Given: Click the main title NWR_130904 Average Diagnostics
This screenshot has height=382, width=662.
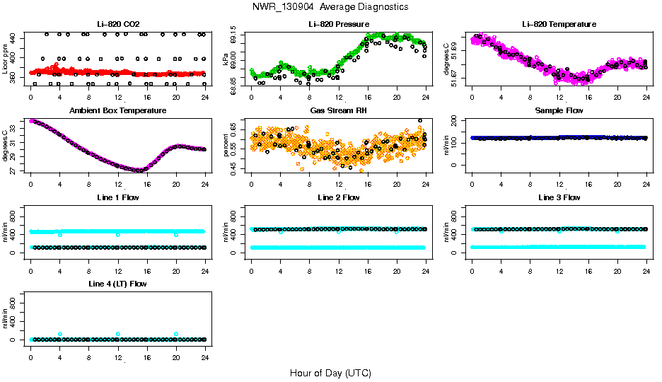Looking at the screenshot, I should tap(330, 6).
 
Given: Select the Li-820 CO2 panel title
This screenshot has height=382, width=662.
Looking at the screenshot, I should tap(118, 24).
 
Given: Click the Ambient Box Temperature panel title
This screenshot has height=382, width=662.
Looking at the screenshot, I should tap(118, 110).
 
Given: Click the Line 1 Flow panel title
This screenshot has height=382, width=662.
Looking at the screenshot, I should tap(118, 197).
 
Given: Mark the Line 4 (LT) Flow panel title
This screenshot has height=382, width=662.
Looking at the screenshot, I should tap(118, 284).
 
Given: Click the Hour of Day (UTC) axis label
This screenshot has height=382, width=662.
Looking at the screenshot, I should tap(330, 373).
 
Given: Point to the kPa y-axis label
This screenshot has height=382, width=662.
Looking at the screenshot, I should tap(226, 61).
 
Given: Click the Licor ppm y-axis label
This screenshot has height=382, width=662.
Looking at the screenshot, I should tap(6, 61).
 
